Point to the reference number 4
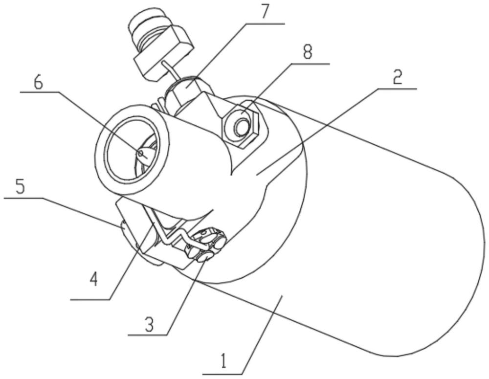point(93,279)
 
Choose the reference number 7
point(264,13)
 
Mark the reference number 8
point(307,52)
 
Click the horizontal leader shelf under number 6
point(40,92)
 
